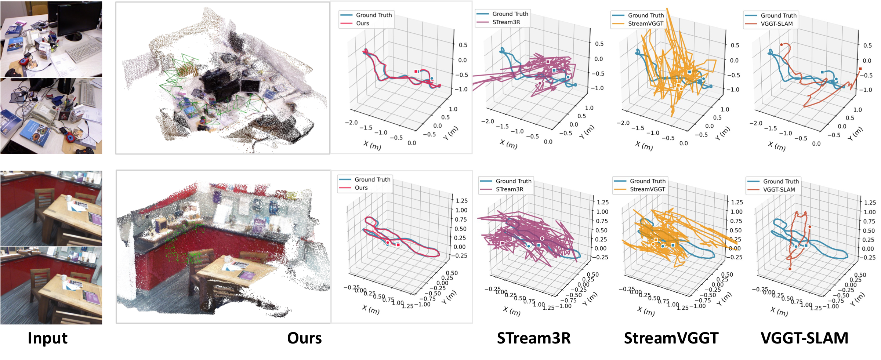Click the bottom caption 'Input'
point(47,338)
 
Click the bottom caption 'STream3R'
point(533,338)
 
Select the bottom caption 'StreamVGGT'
point(671,338)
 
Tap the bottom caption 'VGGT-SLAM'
point(804,338)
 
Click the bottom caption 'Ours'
point(304,338)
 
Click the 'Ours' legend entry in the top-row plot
point(362,23)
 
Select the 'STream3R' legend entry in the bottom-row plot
point(510,189)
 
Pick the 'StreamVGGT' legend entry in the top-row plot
point(646,23)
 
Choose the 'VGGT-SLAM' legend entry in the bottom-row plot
point(779,190)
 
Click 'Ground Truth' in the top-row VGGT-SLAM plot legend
point(779,15)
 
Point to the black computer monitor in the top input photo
point(79,18)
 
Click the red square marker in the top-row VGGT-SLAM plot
point(860,69)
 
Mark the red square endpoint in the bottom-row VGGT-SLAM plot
point(790,269)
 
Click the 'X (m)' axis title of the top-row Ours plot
point(372,145)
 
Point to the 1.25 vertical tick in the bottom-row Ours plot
point(461,201)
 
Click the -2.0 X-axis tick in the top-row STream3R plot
point(487,121)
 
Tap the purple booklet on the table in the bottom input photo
point(91,297)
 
